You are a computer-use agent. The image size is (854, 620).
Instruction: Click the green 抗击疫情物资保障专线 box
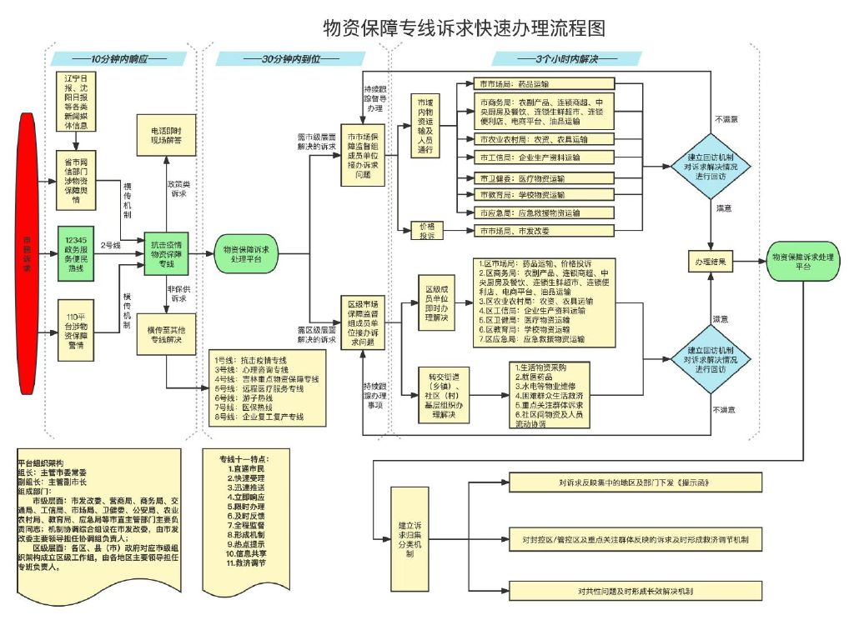(x=168, y=251)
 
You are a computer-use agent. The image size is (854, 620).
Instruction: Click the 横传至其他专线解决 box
(x=167, y=334)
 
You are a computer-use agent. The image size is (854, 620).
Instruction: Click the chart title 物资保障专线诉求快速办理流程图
(x=464, y=27)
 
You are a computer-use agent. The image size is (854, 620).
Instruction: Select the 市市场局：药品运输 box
(x=542, y=84)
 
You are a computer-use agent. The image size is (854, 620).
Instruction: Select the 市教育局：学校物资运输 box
(x=542, y=195)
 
